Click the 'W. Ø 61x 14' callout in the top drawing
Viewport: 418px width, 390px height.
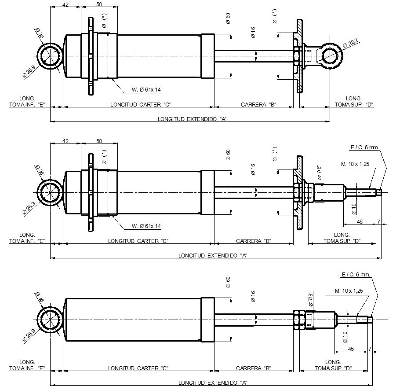click(146, 90)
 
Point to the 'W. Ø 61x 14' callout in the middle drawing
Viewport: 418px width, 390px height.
click(146, 226)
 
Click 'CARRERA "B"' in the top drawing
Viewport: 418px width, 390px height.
click(258, 105)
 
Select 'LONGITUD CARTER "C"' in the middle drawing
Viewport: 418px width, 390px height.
click(139, 241)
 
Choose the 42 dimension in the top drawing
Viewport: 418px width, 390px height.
click(65, 4)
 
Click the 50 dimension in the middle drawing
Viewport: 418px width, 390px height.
click(99, 141)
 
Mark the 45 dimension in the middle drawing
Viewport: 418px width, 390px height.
click(360, 222)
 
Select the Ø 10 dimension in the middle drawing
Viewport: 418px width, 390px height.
click(355, 207)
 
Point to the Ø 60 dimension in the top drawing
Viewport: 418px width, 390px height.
click(228, 18)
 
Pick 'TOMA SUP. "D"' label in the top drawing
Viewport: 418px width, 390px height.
click(354, 105)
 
